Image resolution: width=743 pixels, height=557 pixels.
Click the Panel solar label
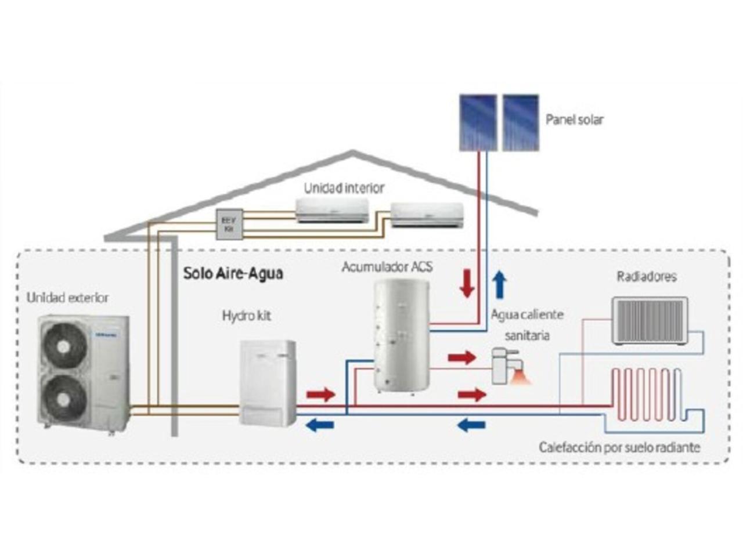click(574, 120)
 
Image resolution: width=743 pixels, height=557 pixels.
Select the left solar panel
click(478, 122)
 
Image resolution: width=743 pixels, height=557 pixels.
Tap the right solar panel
click(521, 122)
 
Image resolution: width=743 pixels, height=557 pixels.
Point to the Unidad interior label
click(344, 189)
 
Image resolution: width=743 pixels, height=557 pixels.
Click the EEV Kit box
click(229, 225)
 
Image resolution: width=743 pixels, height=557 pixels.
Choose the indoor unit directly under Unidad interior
click(332, 210)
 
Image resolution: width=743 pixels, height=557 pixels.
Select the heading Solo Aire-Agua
click(233, 273)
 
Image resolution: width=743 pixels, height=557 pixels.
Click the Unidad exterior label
click(67, 298)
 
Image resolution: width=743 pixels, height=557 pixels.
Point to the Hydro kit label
click(247, 316)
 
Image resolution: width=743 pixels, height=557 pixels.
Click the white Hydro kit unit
click(268, 383)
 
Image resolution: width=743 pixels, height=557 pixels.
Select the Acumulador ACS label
click(387, 267)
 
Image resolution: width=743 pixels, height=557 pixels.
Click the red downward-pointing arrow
click(467, 284)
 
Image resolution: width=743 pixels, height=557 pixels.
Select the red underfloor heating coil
click(647, 395)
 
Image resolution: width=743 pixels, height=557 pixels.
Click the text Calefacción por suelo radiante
click(619, 447)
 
